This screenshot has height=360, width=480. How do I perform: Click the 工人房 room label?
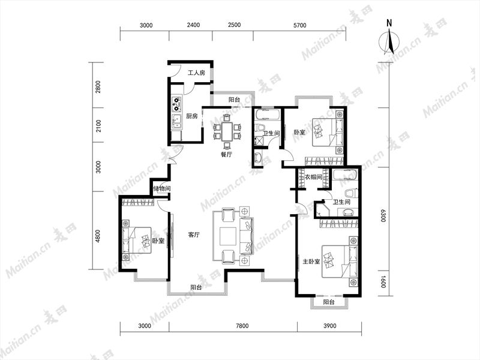coord(196,73)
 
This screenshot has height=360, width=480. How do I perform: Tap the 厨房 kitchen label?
coord(192,116)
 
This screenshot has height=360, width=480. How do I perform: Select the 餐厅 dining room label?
coord(226,155)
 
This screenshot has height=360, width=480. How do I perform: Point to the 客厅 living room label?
coord(194,235)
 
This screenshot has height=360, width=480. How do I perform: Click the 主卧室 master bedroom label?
coord(311,262)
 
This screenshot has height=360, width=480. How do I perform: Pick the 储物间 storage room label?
coord(161,188)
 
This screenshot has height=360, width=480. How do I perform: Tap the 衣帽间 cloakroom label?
coord(313,177)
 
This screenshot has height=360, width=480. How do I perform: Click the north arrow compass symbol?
coord(389,40)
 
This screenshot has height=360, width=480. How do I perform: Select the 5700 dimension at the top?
coord(299,25)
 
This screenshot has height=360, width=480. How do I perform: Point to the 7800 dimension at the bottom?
coord(242,326)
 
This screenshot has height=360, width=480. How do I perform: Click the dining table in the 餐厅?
coord(227,131)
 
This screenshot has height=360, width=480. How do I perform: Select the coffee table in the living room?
coord(228,236)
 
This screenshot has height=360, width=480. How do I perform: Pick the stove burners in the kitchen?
coord(176,104)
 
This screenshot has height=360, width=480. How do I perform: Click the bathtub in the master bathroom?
coord(344,175)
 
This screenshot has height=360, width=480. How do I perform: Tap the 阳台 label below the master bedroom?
coord(328,302)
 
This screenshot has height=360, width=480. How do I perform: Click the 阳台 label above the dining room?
coord(234,100)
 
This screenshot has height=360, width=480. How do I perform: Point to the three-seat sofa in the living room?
coord(247,236)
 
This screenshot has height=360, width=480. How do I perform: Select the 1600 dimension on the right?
coord(383,282)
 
